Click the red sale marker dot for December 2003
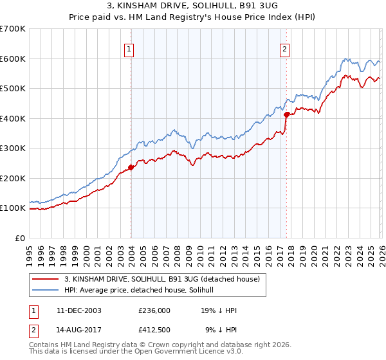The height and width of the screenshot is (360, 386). pos(131,167)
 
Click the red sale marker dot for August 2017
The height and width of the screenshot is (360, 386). pos(286,115)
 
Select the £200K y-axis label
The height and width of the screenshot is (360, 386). pos(13,178)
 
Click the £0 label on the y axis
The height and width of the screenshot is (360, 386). pos(19,238)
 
